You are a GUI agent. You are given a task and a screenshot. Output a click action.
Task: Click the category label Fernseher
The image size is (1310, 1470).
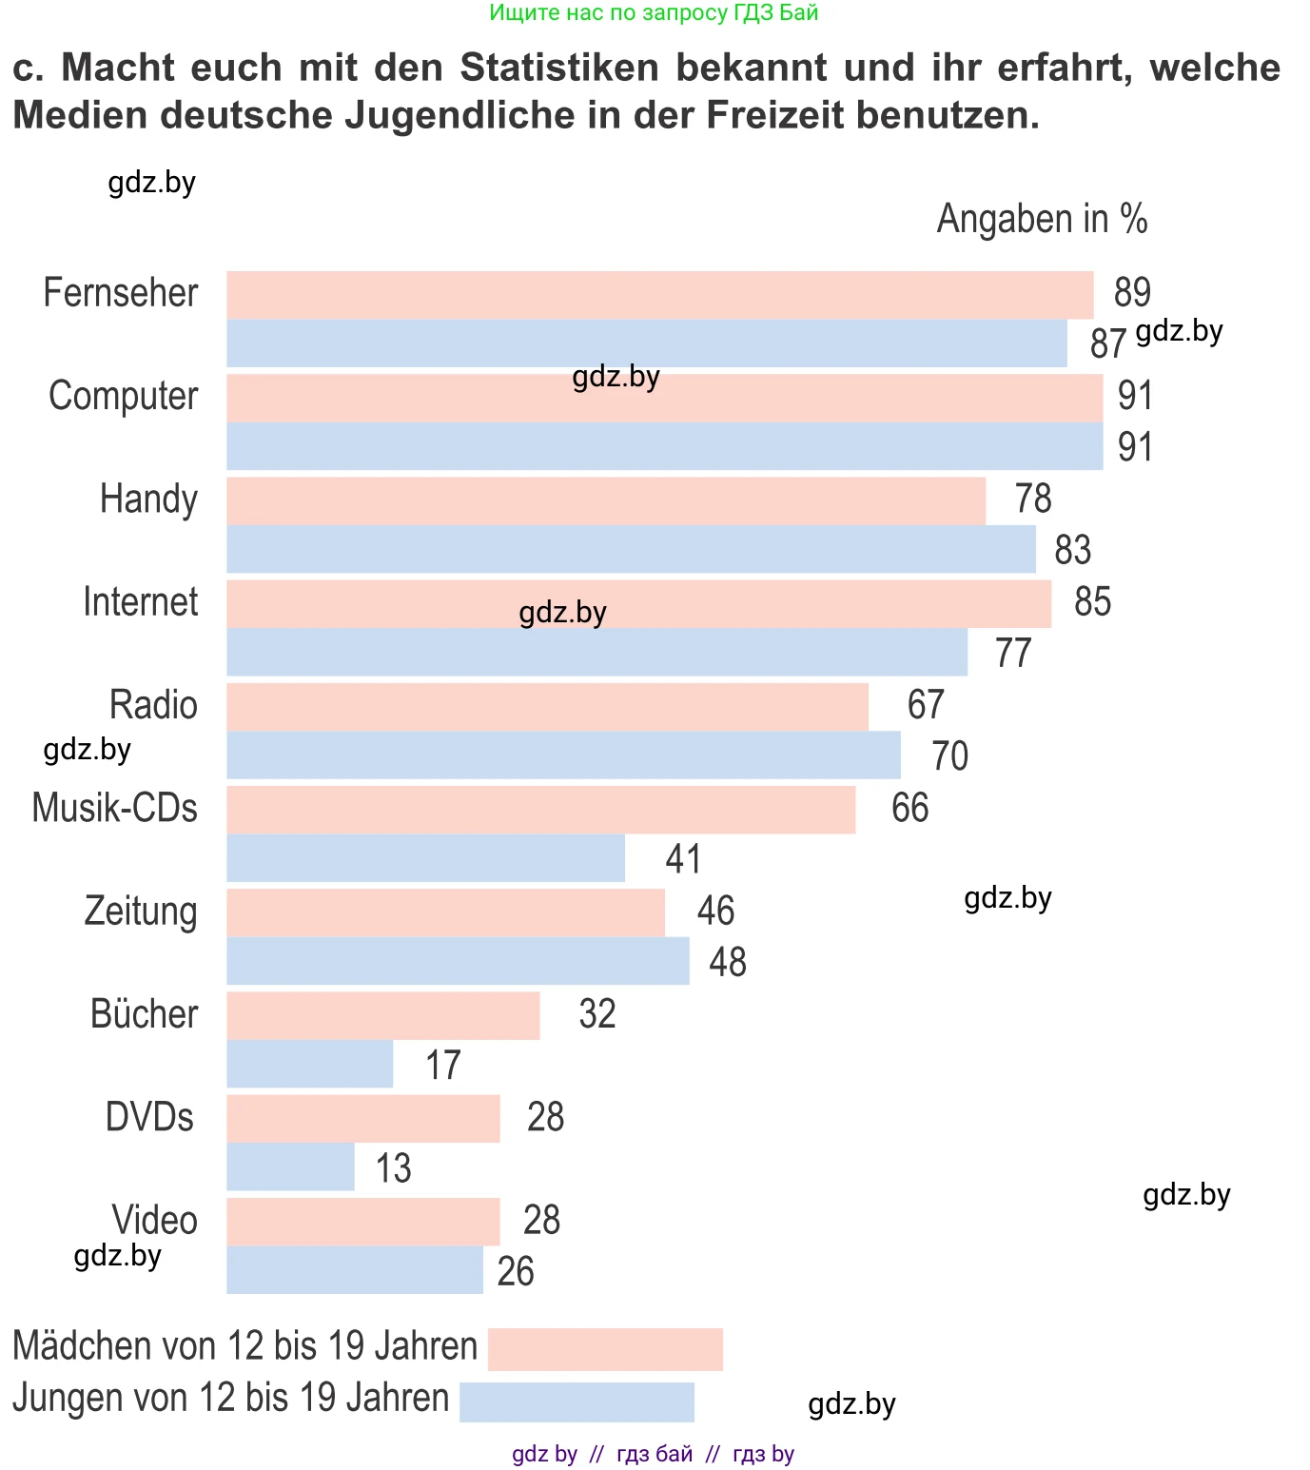pyautogui.click(x=121, y=293)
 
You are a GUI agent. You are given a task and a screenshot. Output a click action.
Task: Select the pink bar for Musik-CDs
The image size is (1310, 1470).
pyautogui.click(x=540, y=810)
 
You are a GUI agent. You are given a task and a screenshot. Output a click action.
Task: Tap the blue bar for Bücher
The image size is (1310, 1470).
pyautogui.click(x=309, y=1064)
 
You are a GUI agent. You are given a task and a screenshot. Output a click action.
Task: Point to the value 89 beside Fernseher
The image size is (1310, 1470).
pyautogui.click(x=1132, y=293)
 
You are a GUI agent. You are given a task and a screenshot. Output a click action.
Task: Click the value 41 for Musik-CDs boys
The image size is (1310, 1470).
pyautogui.click(x=683, y=859)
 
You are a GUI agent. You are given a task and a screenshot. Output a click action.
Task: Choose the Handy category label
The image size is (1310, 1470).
pyautogui.click(x=148, y=500)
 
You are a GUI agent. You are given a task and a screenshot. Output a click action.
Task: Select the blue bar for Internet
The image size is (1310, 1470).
pyautogui.click(x=596, y=653)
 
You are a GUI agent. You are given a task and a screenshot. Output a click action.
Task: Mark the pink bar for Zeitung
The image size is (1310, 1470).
pyautogui.click(x=445, y=912)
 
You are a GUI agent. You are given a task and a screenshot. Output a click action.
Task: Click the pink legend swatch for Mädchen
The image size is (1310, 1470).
pyautogui.click(x=605, y=1349)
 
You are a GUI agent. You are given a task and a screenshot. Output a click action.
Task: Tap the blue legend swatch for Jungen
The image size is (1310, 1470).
pyautogui.click(x=577, y=1401)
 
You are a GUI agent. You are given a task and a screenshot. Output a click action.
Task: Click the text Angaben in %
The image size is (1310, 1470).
pyautogui.click(x=1042, y=219)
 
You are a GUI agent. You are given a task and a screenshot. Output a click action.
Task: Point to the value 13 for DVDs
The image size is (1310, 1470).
pyautogui.click(x=393, y=1168)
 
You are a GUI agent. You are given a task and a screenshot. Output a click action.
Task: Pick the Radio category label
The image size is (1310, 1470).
pyautogui.click(x=153, y=706)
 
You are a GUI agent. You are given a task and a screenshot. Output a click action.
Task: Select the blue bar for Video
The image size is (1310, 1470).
pyautogui.click(x=354, y=1270)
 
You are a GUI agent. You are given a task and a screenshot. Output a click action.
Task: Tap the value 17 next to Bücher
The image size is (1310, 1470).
pyautogui.click(x=442, y=1066)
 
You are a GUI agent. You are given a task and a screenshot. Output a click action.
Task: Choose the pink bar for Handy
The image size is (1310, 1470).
pyautogui.click(x=605, y=500)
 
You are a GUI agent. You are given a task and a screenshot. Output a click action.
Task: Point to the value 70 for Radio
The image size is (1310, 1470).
pyautogui.click(x=949, y=756)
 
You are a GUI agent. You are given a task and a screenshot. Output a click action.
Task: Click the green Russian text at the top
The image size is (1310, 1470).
pyautogui.click(x=654, y=13)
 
